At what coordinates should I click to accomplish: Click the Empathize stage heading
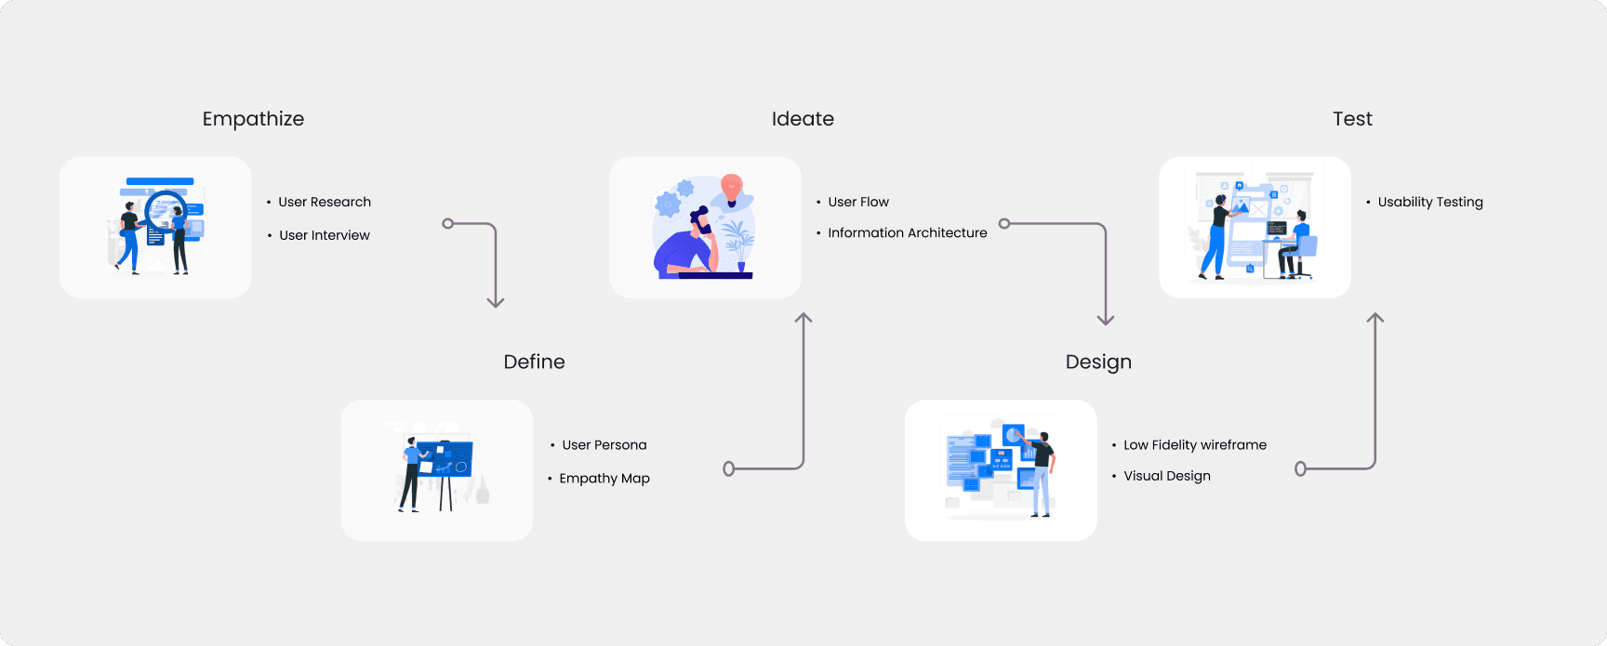point(253,119)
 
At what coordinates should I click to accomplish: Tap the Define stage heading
point(534,362)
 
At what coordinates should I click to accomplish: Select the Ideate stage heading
point(803,119)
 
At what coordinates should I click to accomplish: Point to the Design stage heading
point(1098,362)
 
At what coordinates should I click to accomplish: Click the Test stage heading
point(1352,119)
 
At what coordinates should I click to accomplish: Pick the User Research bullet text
point(325,202)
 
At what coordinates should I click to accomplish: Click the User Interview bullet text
point(325,235)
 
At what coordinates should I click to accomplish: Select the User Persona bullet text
point(604,445)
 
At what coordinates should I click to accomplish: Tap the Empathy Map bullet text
point(604,479)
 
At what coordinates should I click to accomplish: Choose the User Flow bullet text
point(858,202)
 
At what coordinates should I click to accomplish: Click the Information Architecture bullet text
point(908,233)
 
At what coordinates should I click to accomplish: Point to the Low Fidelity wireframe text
point(1195,445)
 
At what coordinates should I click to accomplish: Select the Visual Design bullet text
point(1167,476)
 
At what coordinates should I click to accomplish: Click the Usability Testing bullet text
point(1430,202)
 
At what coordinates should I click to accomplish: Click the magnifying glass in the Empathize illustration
point(166,210)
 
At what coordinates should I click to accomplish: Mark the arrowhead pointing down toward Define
point(496,302)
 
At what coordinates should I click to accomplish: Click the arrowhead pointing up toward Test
point(1375,318)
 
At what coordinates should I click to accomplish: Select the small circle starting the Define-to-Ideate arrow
point(729,468)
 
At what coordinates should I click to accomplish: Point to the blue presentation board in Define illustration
point(445,459)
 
